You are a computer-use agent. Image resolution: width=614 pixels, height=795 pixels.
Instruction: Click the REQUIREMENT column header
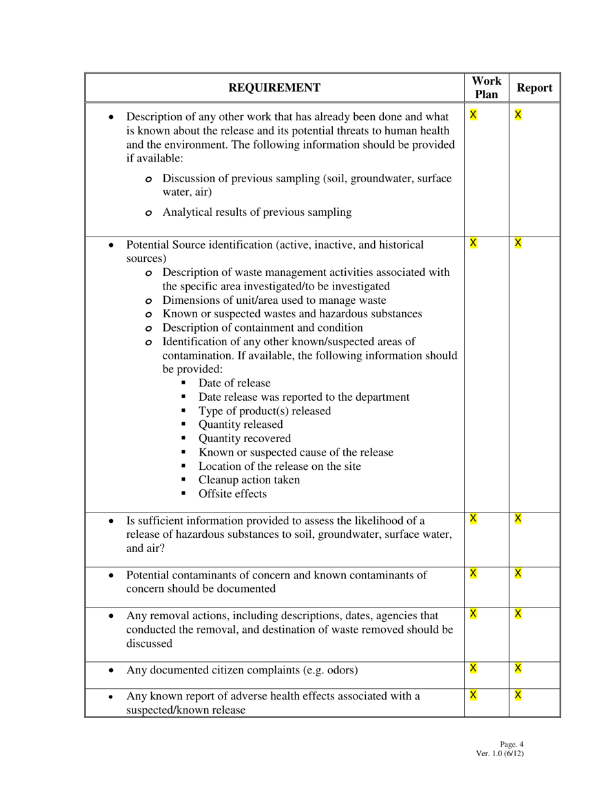coord(274,88)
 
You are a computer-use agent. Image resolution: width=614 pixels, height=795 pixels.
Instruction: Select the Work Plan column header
coord(486,88)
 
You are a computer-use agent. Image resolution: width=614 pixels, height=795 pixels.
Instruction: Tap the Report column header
coord(535,88)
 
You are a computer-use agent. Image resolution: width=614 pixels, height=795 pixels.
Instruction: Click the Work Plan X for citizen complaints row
coord(473,668)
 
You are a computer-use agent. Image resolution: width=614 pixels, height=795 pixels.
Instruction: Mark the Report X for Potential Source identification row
coord(518,243)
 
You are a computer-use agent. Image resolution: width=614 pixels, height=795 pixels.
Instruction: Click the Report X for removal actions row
coord(518,613)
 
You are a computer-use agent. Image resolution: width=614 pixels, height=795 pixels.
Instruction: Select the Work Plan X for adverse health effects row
coord(473,695)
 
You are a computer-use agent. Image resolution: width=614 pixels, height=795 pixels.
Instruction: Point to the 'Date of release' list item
coord(234,383)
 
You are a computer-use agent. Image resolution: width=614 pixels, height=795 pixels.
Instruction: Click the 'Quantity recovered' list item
coord(244,438)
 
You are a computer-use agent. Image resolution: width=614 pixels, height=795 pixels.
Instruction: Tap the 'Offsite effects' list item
coord(232,494)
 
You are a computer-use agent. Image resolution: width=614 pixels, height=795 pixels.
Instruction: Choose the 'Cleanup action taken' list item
coord(249,480)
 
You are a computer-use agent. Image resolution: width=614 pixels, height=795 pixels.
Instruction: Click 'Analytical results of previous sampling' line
coord(257,212)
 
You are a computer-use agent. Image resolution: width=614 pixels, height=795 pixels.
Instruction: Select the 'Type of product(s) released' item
coord(264,411)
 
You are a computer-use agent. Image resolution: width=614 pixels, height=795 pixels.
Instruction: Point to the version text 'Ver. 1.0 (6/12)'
coord(500,753)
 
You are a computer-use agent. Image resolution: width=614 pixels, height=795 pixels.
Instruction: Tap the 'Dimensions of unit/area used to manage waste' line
coord(274,300)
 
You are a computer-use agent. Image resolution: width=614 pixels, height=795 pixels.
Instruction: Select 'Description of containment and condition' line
coord(262,328)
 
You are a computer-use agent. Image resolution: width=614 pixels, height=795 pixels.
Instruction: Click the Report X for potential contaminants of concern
coord(518,573)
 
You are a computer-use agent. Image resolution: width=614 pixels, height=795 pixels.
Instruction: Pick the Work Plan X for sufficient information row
coord(473,518)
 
